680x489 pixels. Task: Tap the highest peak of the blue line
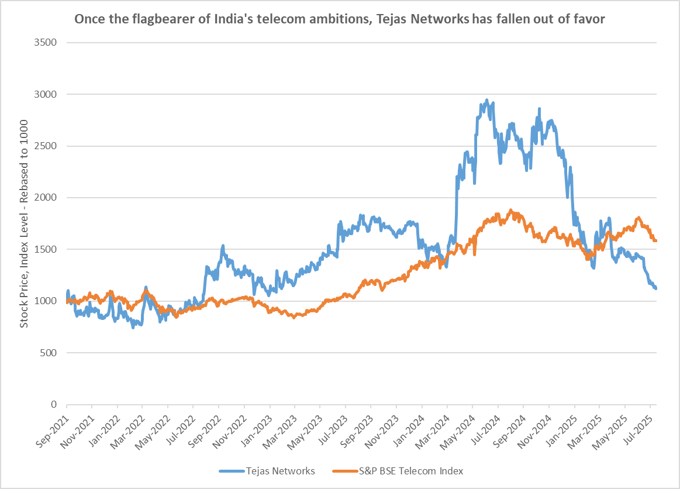pos(486,101)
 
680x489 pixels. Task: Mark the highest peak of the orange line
pos(510,210)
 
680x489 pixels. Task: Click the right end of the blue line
pos(655,288)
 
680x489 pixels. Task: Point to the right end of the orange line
pos(655,241)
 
